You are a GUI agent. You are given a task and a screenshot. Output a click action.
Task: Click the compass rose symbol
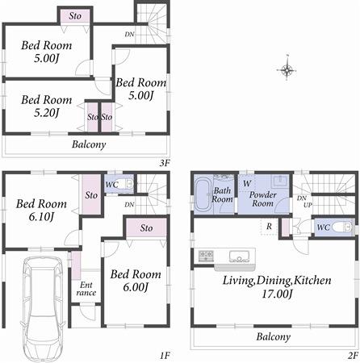click(x=288, y=69)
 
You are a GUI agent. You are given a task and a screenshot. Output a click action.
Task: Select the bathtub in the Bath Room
click(x=202, y=194)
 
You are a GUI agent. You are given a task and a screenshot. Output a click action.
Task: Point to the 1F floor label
click(x=164, y=354)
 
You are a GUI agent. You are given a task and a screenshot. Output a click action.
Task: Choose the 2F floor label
click(x=352, y=354)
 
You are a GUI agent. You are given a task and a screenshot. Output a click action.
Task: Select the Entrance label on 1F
click(x=86, y=289)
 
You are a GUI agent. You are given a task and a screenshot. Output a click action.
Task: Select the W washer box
click(x=245, y=182)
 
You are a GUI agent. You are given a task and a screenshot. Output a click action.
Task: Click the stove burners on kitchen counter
click(x=206, y=257)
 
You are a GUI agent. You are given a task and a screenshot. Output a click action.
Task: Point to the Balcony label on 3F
click(x=88, y=145)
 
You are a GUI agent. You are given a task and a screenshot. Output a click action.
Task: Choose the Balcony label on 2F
click(x=274, y=336)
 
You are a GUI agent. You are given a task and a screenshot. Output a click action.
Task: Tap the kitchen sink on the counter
click(x=240, y=257)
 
